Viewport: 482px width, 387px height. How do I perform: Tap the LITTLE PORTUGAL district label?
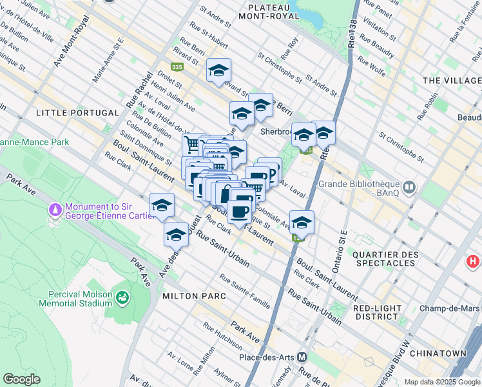78,113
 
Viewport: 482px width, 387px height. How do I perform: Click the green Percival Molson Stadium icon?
121,297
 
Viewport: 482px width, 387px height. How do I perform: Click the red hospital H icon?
473,262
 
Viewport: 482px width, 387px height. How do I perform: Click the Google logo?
21,379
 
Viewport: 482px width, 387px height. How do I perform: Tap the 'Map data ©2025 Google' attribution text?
442,382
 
